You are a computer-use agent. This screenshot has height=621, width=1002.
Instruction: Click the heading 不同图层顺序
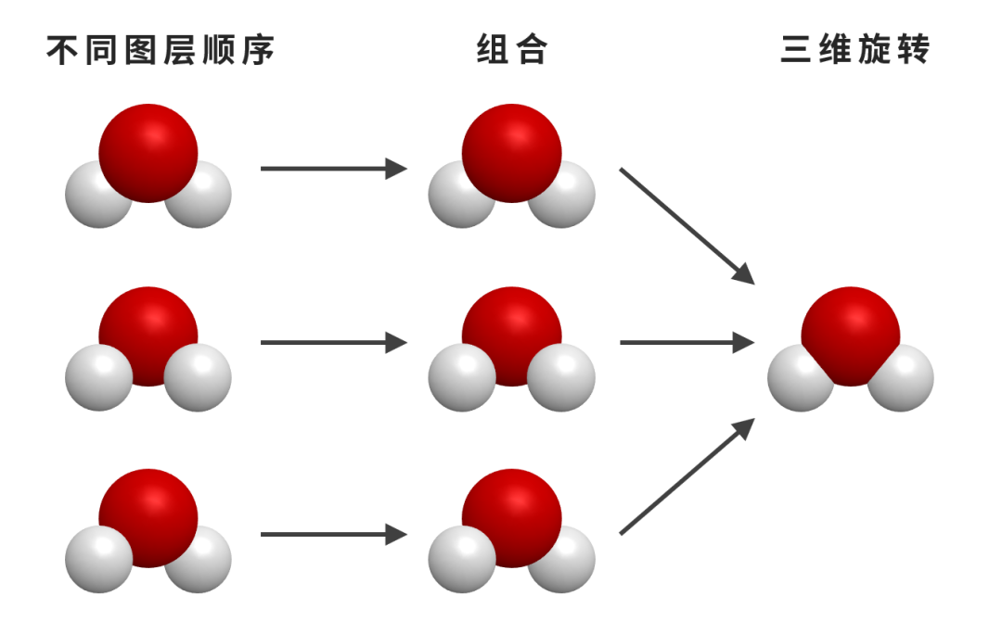[x=161, y=50]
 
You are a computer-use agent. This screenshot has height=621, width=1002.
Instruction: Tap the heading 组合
[x=511, y=50]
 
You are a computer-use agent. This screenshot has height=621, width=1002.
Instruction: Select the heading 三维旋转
[x=854, y=50]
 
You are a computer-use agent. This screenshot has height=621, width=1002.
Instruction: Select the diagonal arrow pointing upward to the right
[x=687, y=476]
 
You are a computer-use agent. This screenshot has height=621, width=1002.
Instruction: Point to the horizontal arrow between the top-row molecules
[x=333, y=169]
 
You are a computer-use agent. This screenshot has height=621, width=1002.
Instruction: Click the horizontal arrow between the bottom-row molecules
[x=333, y=535]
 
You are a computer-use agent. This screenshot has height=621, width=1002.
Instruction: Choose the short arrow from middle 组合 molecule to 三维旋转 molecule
[x=687, y=343]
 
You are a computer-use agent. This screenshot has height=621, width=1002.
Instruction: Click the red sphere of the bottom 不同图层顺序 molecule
[x=148, y=514]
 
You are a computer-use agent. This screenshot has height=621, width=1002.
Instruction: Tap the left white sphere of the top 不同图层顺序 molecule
[x=95, y=197]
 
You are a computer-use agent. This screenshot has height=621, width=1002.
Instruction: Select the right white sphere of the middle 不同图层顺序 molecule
[x=199, y=378]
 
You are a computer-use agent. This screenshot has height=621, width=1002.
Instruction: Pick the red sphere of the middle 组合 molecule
[x=511, y=332]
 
